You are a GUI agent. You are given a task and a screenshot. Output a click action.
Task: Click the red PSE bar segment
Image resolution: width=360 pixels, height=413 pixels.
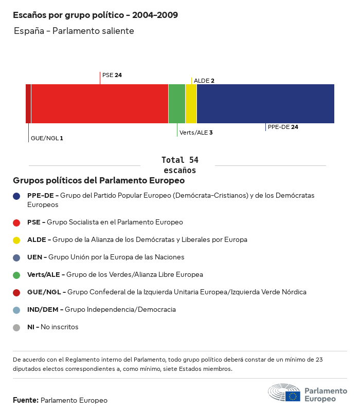click(100, 104)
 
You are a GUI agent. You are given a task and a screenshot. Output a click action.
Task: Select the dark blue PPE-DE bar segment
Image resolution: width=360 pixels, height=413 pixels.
click(265, 104)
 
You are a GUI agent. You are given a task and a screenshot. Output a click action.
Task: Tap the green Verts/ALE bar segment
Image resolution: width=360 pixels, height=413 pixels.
click(177, 104)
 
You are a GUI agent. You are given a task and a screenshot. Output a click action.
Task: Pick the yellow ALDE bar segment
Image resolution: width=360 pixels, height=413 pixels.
click(191, 104)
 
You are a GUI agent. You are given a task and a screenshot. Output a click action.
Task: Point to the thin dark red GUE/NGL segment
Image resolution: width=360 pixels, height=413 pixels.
click(28, 104)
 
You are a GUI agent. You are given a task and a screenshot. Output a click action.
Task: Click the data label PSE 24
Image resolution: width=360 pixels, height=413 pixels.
click(112, 75)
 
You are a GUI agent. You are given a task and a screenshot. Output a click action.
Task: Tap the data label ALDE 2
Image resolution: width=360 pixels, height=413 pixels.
click(204, 81)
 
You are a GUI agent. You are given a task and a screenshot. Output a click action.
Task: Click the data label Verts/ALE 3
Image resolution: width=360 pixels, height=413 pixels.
click(196, 133)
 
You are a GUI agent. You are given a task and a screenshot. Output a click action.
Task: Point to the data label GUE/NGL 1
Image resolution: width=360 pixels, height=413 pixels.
click(47, 138)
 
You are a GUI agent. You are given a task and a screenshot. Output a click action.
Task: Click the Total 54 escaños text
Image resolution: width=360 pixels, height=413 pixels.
click(179, 165)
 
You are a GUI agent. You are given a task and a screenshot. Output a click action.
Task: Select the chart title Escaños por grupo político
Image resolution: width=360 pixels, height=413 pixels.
click(96, 15)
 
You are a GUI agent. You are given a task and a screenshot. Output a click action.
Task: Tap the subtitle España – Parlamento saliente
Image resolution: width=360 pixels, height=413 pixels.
click(74, 31)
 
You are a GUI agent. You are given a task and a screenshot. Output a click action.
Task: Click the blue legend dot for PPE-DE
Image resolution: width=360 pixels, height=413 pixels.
click(16, 196)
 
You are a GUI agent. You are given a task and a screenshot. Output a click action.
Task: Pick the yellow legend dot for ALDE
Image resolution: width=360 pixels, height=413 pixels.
click(16, 240)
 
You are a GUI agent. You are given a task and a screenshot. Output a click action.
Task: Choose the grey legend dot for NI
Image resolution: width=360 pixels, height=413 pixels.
click(16, 327)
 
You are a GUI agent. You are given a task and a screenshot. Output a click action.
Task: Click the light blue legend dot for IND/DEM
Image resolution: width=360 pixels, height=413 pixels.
click(16, 310)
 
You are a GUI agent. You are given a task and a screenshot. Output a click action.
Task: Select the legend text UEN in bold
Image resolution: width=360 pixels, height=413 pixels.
click(35, 257)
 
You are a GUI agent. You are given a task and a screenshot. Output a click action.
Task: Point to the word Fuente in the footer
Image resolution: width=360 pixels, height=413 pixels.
click(25, 400)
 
